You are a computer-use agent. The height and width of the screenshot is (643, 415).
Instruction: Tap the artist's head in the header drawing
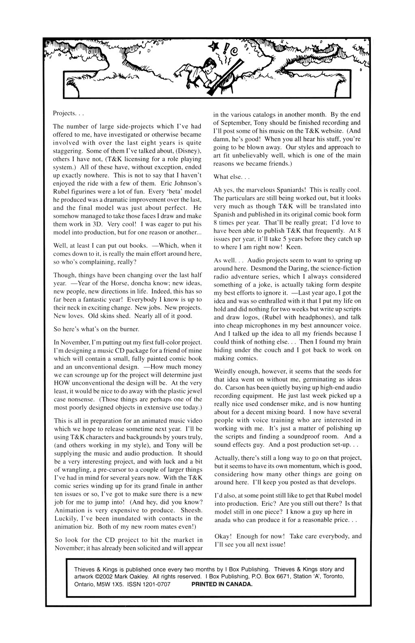point(208,65)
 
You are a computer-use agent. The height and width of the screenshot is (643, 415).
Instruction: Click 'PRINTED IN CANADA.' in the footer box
point(222,584)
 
